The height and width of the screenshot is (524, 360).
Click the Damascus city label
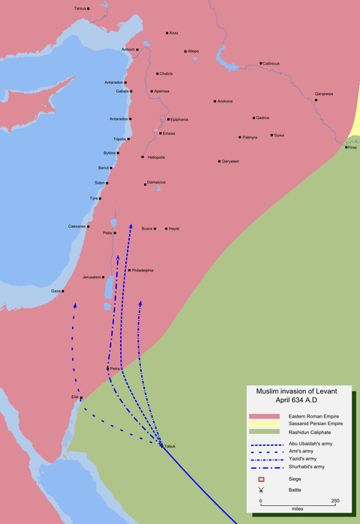point(156,182)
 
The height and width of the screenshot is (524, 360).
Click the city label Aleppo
point(193,51)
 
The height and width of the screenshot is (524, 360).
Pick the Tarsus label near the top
point(80,7)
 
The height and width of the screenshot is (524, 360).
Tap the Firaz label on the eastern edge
point(352,147)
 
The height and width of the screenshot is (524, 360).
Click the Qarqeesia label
point(324,94)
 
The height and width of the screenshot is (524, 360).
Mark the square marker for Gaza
point(64,291)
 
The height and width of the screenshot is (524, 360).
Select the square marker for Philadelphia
point(129,270)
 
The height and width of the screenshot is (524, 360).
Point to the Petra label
point(116,369)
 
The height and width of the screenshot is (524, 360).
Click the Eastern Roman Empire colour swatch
point(259,415)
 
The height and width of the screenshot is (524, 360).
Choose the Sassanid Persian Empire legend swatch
point(259,424)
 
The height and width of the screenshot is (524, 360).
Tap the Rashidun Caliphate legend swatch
point(259,433)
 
